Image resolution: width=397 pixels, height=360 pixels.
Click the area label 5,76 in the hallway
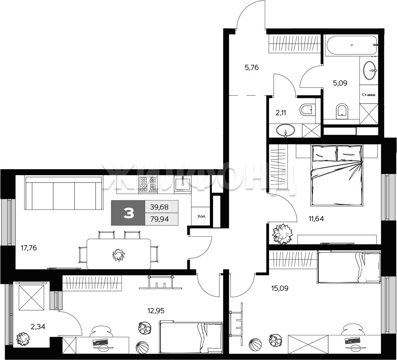tap(251, 68)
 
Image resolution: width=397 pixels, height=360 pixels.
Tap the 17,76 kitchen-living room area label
tap(29, 248)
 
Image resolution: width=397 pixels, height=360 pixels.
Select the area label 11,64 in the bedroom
tap(316, 218)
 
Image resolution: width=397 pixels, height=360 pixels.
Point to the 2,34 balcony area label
tap(38, 327)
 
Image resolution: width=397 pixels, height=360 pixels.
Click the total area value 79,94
tap(160, 219)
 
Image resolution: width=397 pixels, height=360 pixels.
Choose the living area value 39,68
tap(159, 207)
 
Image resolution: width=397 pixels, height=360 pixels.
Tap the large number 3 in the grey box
tap(129, 213)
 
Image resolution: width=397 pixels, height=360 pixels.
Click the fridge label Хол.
tap(202, 217)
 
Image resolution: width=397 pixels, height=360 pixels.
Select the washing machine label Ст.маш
tap(369, 95)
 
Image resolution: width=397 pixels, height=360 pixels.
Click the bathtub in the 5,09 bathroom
tap(351, 45)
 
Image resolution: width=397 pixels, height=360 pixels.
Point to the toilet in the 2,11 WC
tap(307, 110)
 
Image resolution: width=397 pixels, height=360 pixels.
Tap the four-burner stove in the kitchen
tap(148, 184)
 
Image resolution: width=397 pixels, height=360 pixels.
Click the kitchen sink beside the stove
tap(182, 184)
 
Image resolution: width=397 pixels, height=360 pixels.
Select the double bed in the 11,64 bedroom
tap(336, 175)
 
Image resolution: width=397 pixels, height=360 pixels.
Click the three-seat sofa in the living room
tap(64, 193)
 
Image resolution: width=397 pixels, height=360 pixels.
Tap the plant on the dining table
tap(118, 255)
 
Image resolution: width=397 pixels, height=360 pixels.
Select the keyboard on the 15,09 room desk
tap(352, 340)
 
